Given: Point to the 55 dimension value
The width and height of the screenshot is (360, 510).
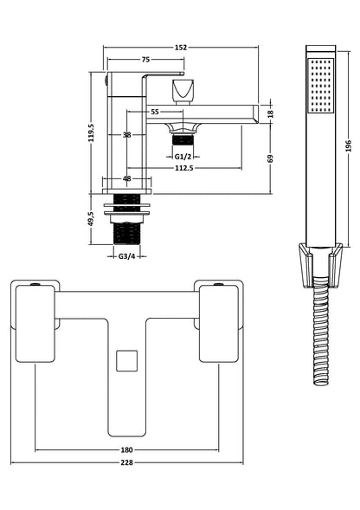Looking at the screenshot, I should (154, 113).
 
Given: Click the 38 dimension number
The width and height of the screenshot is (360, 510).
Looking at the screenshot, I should (126, 135).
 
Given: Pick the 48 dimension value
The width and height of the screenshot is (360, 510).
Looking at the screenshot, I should (127, 179).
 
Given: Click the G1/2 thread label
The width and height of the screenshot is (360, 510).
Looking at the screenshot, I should (183, 155).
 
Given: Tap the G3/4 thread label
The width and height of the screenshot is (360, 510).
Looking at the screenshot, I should (126, 255).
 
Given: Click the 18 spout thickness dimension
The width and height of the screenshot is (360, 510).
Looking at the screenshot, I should (271, 113).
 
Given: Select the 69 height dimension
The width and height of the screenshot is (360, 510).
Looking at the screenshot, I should (271, 159).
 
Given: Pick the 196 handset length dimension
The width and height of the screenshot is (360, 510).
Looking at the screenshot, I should (348, 146).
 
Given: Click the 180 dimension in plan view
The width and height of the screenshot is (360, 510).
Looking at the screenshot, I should (127, 449).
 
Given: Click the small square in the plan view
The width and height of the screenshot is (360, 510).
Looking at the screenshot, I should (127, 360).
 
